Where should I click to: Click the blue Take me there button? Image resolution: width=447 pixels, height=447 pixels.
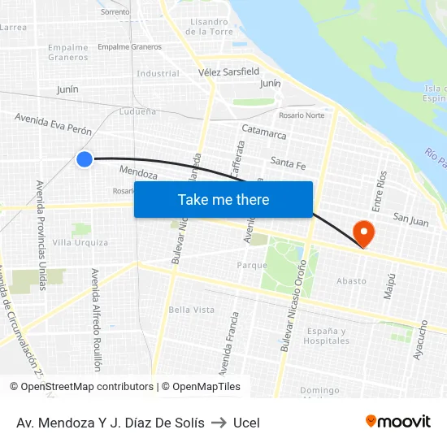click(x=223, y=199)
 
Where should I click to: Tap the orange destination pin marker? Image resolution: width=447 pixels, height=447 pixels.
click(x=364, y=234)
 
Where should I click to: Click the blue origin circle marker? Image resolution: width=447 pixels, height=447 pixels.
click(x=85, y=159)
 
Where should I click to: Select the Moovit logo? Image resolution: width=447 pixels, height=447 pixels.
click(x=398, y=421)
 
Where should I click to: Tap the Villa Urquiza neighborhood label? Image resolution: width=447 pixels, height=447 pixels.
click(x=80, y=242)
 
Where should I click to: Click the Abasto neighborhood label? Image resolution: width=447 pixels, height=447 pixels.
click(x=351, y=281)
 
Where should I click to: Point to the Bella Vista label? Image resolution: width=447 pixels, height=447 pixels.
click(x=191, y=310)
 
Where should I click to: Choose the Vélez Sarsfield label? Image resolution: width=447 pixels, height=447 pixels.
click(x=228, y=72)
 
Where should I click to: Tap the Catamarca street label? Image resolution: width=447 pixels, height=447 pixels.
click(x=264, y=130)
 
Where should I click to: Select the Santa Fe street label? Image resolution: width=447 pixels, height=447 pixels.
click(x=288, y=163)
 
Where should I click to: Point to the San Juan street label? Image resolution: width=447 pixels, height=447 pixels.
click(x=410, y=217)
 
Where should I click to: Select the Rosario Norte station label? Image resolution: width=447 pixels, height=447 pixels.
click(x=302, y=115)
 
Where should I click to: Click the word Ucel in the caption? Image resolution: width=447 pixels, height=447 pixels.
click(x=246, y=422)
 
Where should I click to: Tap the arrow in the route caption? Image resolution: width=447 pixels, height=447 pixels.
click(x=219, y=422)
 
